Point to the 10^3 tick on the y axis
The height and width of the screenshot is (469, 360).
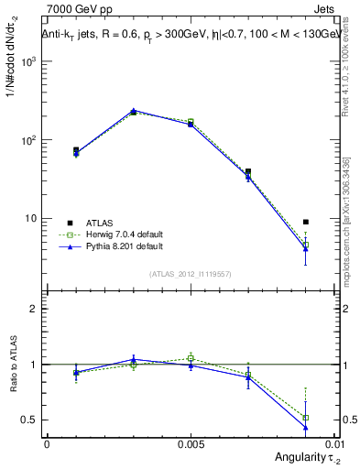(30, 61)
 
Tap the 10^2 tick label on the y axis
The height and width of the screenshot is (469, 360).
(30, 140)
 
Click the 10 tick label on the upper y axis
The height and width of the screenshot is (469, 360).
(33, 219)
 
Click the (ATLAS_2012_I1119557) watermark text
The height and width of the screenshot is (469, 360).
(191, 274)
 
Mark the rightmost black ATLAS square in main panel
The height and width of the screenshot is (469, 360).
(306, 222)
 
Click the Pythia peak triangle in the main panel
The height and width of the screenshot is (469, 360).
(134, 111)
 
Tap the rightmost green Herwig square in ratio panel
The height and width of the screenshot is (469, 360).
(306, 418)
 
